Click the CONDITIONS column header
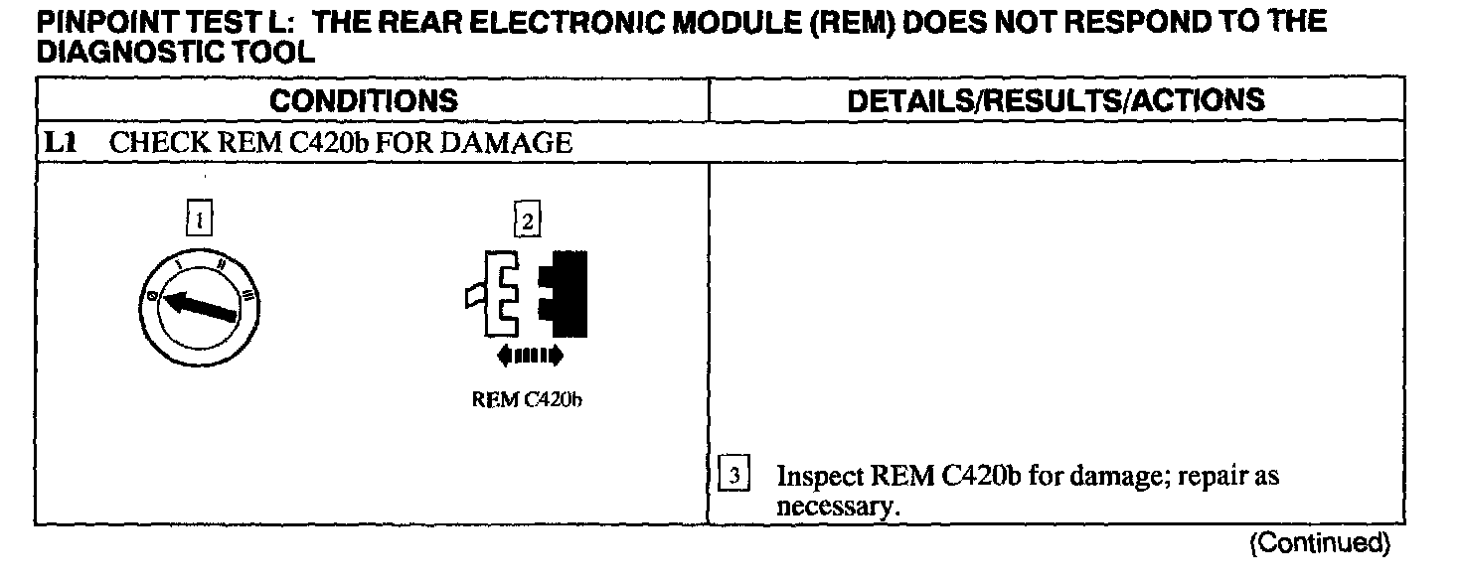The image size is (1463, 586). [x=364, y=100]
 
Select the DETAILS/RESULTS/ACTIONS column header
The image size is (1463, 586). [x=1056, y=100]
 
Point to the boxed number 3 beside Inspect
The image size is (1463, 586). [x=732, y=476]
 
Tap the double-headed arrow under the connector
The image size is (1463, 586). [x=529, y=355]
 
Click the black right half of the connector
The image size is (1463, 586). [x=564, y=293]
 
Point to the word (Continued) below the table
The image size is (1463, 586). [x=1321, y=542]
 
